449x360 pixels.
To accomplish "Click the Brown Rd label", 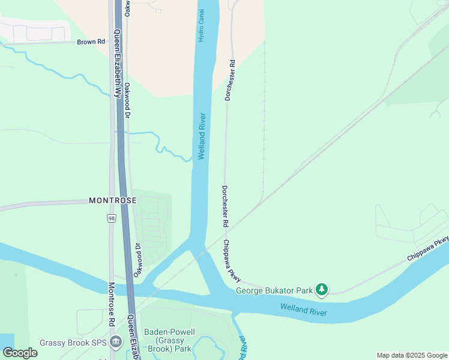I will [x=91, y=42].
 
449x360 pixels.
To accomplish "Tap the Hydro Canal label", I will [x=202, y=26].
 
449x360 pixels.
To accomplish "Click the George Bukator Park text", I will [x=274, y=291].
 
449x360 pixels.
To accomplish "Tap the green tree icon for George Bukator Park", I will [x=322, y=290].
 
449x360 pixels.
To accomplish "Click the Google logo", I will [x=20, y=353].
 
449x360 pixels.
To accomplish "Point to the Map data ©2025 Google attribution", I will [x=412, y=355].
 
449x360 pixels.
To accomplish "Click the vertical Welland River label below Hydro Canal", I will [x=202, y=136].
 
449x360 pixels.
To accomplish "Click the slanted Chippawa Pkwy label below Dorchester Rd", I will [x=232, y=261].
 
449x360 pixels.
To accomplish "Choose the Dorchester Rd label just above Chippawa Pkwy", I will [x=225, y=206].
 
